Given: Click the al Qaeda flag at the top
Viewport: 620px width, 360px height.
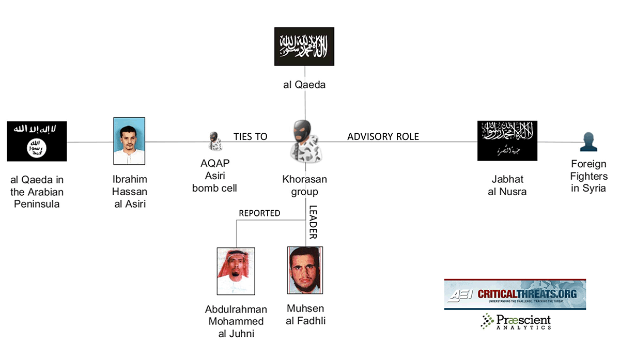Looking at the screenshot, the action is tap(304, 46).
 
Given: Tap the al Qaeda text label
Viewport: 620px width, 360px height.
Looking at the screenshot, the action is tap(304, 85).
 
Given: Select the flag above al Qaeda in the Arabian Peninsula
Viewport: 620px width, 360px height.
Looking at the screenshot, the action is tap(37, 141).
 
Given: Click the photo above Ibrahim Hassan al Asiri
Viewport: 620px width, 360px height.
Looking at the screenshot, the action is tap(130, 141).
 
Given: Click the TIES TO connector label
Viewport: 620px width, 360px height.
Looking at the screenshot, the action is tap(250, 136).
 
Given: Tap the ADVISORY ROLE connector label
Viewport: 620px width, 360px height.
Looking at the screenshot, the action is tap(383, 136).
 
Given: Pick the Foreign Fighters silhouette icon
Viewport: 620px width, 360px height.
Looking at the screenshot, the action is tap(588, 142).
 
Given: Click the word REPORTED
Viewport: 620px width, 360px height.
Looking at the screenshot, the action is tap(259, 213).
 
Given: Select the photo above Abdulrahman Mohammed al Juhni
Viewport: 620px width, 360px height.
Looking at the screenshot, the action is tap(236, 271).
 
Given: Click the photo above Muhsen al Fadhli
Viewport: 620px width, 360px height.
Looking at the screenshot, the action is tap(305, 270).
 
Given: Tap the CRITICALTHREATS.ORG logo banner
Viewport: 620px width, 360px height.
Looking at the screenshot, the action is tap(515, 294).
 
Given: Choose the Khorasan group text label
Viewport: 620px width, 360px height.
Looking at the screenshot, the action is tap(304, 185).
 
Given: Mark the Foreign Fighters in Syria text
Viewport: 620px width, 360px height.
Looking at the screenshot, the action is tap(589, 176).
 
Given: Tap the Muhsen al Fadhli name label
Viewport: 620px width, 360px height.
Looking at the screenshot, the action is tap(306, 314).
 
